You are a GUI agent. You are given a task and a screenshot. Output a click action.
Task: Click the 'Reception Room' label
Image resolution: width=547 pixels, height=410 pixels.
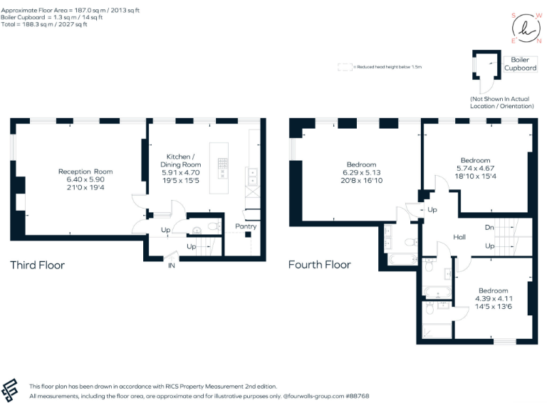pyautogui.click(x=85, y=172)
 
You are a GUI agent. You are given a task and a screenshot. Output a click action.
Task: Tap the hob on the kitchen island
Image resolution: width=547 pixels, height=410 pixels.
pyautogui.click(x=222, y=167)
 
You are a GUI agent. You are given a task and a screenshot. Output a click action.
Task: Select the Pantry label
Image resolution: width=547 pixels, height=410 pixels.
pyautogui.click(x=246, y=226)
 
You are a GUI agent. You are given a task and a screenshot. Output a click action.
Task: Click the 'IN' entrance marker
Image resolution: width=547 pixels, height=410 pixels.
pyautogui.click(x=172, y=266)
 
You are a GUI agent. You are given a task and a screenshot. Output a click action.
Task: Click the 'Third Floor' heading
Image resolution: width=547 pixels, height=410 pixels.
pyautogui.click(x=37, y=266)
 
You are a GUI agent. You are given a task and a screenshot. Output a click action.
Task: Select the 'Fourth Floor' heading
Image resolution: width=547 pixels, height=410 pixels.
pyautogui.click(x=319, y=265)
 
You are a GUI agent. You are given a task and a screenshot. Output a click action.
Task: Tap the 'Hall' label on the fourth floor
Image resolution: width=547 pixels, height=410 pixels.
pyautogui.click(x=459, y=236)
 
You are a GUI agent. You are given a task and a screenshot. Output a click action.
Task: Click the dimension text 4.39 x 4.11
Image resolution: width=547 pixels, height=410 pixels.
pyautogui.click(x=494, y=299)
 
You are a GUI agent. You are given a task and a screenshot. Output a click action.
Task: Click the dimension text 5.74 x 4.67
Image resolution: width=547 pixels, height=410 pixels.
pyautogui.click(x=475, y=168)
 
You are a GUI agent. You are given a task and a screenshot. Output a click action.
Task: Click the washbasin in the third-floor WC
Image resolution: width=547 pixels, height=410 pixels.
pyautogui.click(x=197, y=230)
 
